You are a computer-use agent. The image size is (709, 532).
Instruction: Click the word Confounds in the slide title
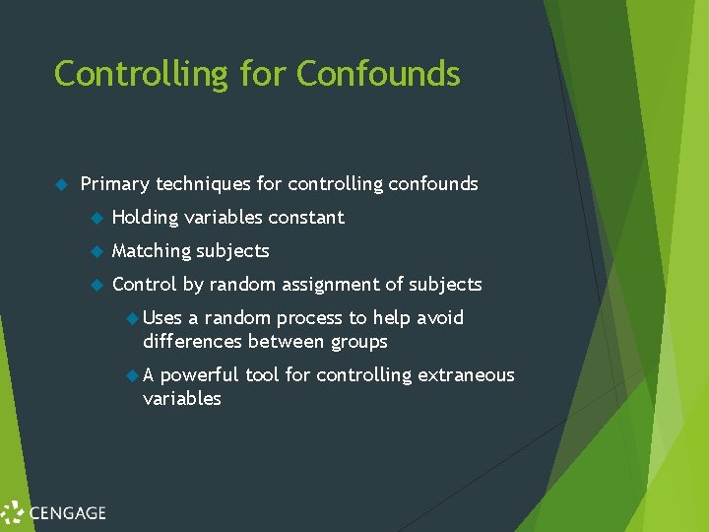tap(378, 74)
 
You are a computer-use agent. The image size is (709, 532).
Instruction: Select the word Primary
tap(114, 184)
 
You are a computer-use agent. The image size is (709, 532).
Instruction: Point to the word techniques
tap(203, 184)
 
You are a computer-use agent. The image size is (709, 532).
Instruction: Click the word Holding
tap(145, 218)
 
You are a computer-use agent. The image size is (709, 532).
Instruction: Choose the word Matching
tap(151, 251)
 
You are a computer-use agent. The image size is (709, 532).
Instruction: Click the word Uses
tap(162, 318)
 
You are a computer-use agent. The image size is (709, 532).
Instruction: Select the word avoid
tap(440, 318)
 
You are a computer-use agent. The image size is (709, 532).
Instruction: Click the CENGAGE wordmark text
tap(68, 512)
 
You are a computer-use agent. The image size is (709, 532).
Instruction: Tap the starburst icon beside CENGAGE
tap(13, 512)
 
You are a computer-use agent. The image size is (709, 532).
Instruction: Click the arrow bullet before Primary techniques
tap(60, 184)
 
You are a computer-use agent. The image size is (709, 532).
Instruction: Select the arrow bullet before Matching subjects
tap(97, 251)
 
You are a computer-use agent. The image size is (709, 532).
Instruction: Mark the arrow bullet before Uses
tap(134, 318)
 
